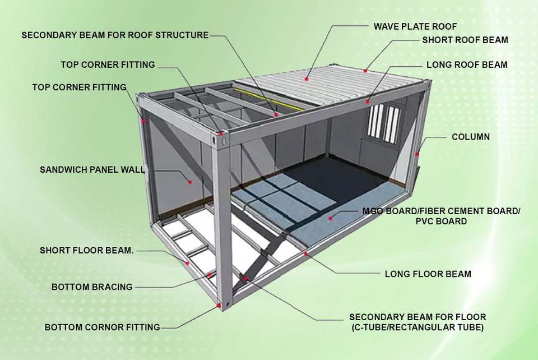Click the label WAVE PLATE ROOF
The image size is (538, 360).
(415, 26)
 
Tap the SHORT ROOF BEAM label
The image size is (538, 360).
(465, 40)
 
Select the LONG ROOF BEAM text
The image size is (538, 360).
(467, 65)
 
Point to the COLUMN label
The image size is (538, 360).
(471, 137)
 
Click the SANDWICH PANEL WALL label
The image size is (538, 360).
(92, 169)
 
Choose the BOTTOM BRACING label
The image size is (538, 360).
(92, 287)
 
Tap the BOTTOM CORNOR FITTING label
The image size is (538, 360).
(103, 327)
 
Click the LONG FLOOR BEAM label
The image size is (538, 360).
(428, 274)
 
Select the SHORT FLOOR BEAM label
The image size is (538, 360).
(87, 251)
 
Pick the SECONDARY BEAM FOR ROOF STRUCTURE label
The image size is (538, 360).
(115, 35)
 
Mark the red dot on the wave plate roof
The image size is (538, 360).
(307, 79)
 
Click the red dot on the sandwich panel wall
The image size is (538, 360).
(190, 181)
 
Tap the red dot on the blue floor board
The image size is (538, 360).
(331, 217)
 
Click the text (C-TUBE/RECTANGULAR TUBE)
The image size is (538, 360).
(418, 327)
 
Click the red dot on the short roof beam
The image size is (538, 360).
(365, 71)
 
